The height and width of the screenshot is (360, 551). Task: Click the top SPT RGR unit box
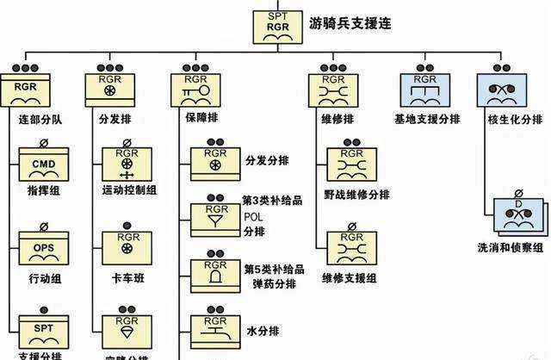(276, 26)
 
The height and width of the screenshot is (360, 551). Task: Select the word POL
(254, 216)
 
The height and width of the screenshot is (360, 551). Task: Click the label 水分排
(257, 330)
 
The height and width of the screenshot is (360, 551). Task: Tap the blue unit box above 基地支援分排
(425, 90)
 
